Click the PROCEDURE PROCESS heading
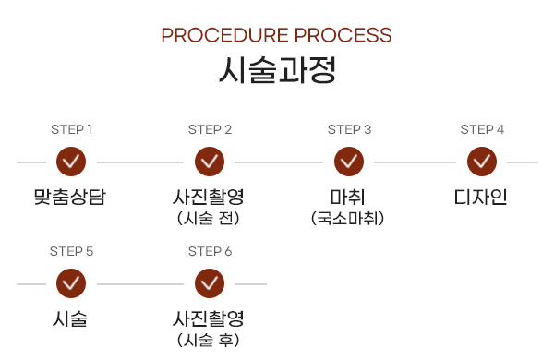pos(276,35)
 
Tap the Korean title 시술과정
pos(276,70)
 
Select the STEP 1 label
pos(71,129)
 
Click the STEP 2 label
pos(210,129)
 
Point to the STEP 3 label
pos(349,129)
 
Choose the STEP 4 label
pos(482,129)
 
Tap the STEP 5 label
pos(71,251)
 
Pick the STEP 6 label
pos(210,251)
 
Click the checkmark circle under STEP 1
pos(71,162)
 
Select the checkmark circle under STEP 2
pos(210,162)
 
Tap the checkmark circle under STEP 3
pos(349,162)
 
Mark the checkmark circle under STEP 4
pos(482,162)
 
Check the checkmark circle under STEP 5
pos(71,283)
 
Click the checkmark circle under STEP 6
pos(210,283)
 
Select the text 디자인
pos(481,197)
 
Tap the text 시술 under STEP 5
pos(70,319)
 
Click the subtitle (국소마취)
pos(348,219)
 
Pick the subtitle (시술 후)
pos(209,341)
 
